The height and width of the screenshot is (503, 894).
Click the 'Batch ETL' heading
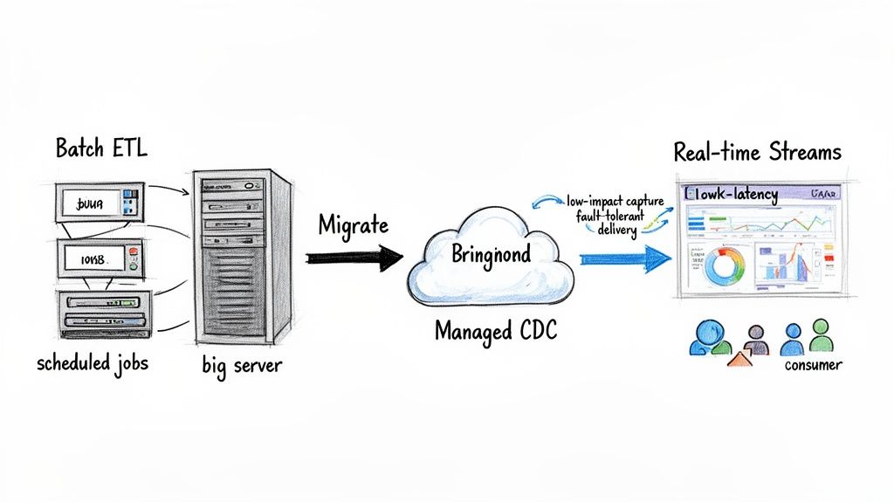click(x=101, y=148)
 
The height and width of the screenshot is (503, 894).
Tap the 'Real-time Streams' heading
click(x=757, y=152)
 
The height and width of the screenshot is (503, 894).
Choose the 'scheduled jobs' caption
click(x=93, y=363)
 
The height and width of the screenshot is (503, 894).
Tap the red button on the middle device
click(x=132, y=252)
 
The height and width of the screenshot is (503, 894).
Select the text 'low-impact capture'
click(x=615, y=202)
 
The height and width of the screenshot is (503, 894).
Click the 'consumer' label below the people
click(x=813, y=365)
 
